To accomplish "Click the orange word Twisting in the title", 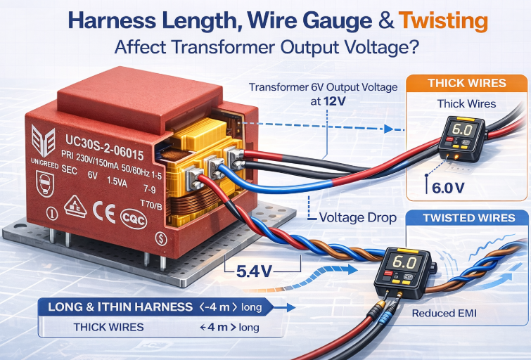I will pos(443,21).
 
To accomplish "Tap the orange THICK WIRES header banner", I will pos(466,83).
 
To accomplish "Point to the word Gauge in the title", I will pos(317,21).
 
